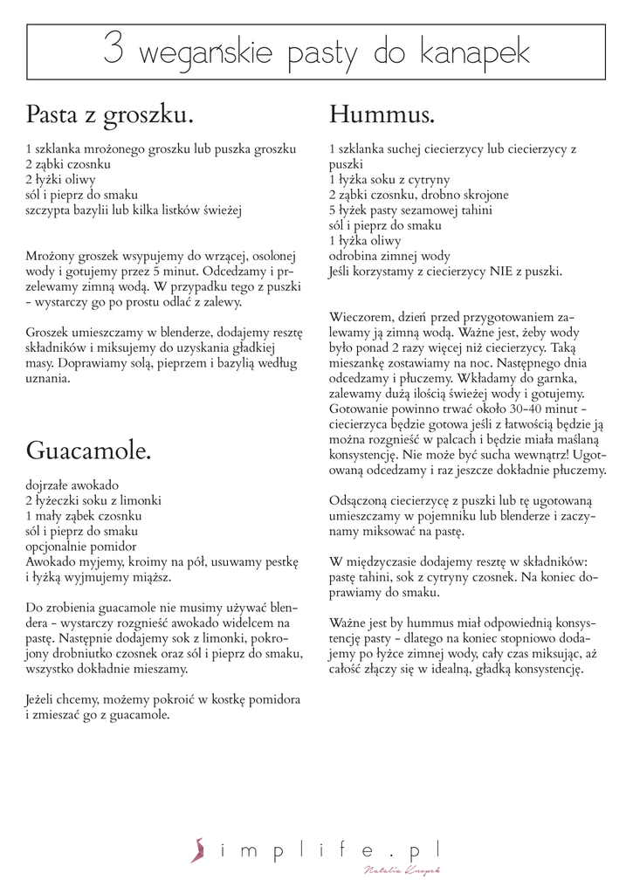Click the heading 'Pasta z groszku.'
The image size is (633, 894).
click(x=109, y=115)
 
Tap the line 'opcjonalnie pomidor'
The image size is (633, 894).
click(x=81, y=546)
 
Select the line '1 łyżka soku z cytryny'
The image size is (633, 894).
click(x=389, y=180)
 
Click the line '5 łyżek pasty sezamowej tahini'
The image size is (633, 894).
click(x=410, y=210)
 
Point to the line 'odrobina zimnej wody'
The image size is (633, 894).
click(x=389, y=256)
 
